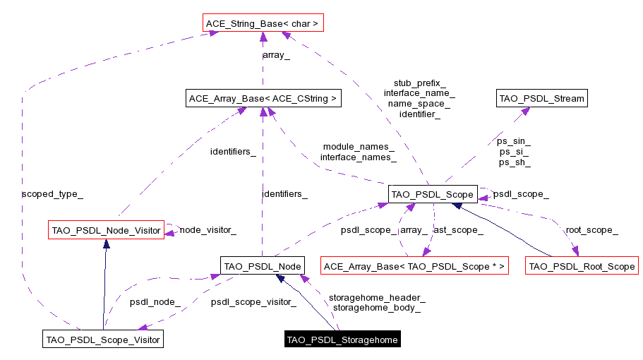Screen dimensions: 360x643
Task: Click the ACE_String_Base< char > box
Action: click(x=262, y=24)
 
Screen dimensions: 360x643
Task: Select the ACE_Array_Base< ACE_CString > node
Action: click(x=262, y=98)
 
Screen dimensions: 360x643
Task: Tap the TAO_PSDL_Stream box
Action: click(x=542, y=98)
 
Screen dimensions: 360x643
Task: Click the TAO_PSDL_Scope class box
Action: click(x=433, y=193)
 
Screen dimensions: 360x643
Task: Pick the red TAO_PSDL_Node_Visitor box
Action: click(x=106, y=230)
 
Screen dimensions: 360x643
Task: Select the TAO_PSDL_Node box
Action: click(x=263, y=266)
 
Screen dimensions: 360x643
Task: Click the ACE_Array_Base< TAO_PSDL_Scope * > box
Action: click(x=414, y=266)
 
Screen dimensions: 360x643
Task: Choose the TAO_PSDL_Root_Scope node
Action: click(x=582, y=266)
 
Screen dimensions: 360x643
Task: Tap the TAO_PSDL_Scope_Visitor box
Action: click(x=103, y=340)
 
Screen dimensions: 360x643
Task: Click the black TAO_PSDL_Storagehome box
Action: click(x=342, y=340)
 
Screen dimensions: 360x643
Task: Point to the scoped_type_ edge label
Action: click(x=47, y=193)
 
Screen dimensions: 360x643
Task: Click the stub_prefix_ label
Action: click(x=419, y=83)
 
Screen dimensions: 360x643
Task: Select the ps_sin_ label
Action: click(x=514, y=141)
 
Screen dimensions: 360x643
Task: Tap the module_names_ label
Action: click(x=359, y=147)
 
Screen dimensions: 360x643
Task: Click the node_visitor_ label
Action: click(x=208, y=229)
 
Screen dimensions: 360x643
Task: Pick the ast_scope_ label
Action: click(x=457, y=229)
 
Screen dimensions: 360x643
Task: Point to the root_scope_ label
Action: click(x=591, y=229)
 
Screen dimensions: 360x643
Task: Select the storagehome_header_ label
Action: click(x=377, y=298)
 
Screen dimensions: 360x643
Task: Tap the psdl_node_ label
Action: click(x=155, y=302)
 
